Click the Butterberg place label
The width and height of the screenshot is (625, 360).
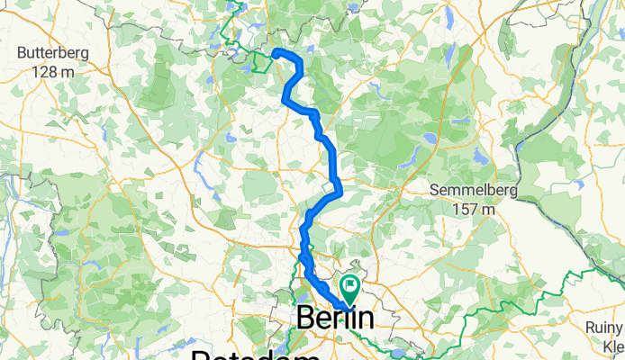pyautogui.click(x=53, y=53)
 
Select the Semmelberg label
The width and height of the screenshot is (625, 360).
pyautogui.click(x=464, y=191)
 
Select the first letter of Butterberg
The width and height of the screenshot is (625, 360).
pyautogui.click(x=23, y=53)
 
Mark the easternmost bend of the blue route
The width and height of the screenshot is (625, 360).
pyautogui.click(x=340, y=190)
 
